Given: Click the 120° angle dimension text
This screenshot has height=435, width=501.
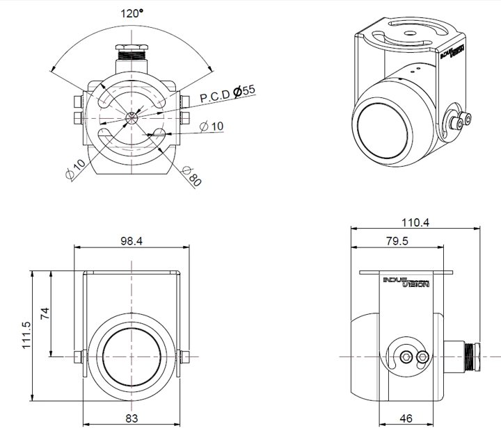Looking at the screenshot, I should pyautogui.click(x=132, y=13).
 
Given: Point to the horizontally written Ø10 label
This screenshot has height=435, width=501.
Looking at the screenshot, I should pyautogui.click(x=212, y=126).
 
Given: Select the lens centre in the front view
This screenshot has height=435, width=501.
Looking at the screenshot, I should pyautogui.click(x=132, y=356).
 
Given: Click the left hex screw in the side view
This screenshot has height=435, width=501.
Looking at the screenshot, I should pyautogui.click(x=405, y=356).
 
